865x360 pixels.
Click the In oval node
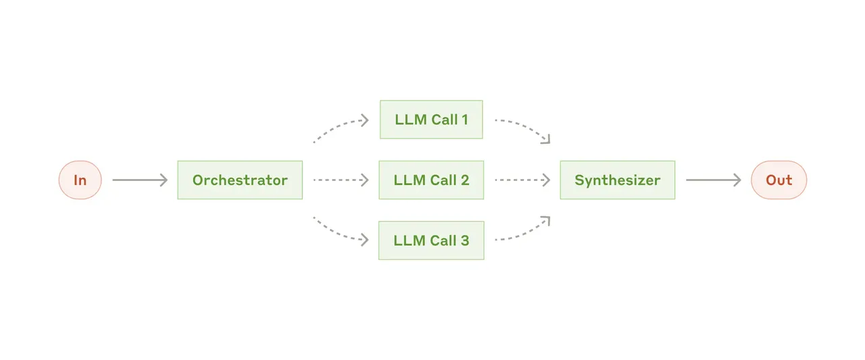coord(80,180)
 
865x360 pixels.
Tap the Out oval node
coord(778,180)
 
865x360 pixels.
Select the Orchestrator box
coord(240,180)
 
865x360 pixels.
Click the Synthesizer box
coord(618,180)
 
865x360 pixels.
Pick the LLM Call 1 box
coord(431,120)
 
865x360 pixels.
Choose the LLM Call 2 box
coord(431,180)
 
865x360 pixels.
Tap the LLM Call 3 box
coord(431,240)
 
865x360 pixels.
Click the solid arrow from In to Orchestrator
coord(140,180)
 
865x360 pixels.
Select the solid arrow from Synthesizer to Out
coord(713,180)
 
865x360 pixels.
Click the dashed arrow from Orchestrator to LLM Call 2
coord(341,180)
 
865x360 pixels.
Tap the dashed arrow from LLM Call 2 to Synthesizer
coord(522,180)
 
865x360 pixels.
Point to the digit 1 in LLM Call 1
coord(465,120)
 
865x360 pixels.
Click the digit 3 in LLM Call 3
coord(464,240)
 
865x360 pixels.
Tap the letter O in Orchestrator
coord(199,180)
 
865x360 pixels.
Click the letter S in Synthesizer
coord(579,180)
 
